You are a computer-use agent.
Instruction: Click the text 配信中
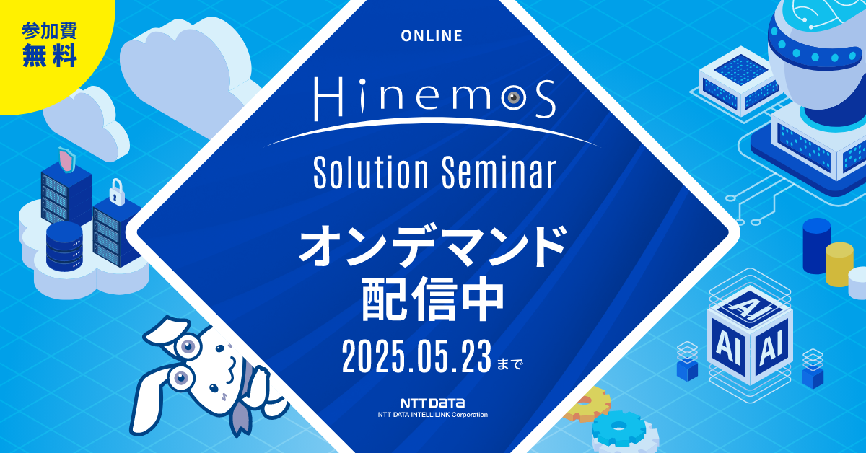[432, 302]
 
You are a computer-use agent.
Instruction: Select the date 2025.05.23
[416, 356]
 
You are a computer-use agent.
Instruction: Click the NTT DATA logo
[433, 403]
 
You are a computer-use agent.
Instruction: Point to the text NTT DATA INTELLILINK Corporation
[433, 415]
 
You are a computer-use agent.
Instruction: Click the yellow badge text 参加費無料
[50, 45]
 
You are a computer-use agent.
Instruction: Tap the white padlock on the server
[115, 193]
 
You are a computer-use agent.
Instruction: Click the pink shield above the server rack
[66, 161]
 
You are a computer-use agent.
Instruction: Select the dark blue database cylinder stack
[64, 245]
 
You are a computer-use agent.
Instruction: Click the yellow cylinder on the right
[839, 263]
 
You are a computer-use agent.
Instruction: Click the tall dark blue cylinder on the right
[816, 245]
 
